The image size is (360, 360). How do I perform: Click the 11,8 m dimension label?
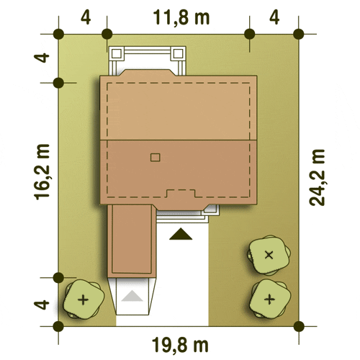pyautogui.click(x=181, y=18)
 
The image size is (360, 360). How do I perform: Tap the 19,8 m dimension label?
pyautogui.click(x=180, y=345)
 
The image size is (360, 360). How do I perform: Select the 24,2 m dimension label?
pyautogui.click(x=317, y=178)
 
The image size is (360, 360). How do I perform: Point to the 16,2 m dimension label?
pyautogui.click(x=42, y=172)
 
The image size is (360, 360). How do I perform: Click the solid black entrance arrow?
pyautogui.click(x=181, y=234)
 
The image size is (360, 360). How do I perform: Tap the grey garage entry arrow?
pyautogui.click(x=132, y=296)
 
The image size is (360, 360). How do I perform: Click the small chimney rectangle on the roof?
pyautogui.click(x=156, y=158)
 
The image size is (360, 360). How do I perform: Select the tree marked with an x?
pyautogui.click(x=269, y=255)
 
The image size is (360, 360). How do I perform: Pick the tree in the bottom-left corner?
pyautogui.click(x=84, y=300)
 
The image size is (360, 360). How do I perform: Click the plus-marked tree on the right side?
pyautogui.click(x=269, y=299)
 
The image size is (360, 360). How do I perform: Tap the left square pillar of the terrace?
pyautogui.click(x=117, y=54)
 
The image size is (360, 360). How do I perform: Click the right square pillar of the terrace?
pyautogui.click(x=178, y=54)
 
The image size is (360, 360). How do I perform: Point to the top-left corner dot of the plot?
pyautogui.click(x=58, y=34)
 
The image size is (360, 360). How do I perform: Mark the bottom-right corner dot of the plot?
pyautogui.click(x=299, y=326)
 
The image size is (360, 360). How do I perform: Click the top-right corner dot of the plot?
pyautogui.click(x=299, y=34)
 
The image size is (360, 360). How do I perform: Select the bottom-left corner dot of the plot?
pyautogui.click(x=58, y=326)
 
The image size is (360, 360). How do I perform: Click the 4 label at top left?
pyautogui.click(x=86, y=18)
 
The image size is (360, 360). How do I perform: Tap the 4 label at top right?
pyautogui.click(x=274, y=18)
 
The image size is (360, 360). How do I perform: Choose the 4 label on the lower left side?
pyautogui.click(x=42, y=305)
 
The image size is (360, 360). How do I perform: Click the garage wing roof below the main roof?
pyautogui.click(x=132, y=241)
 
